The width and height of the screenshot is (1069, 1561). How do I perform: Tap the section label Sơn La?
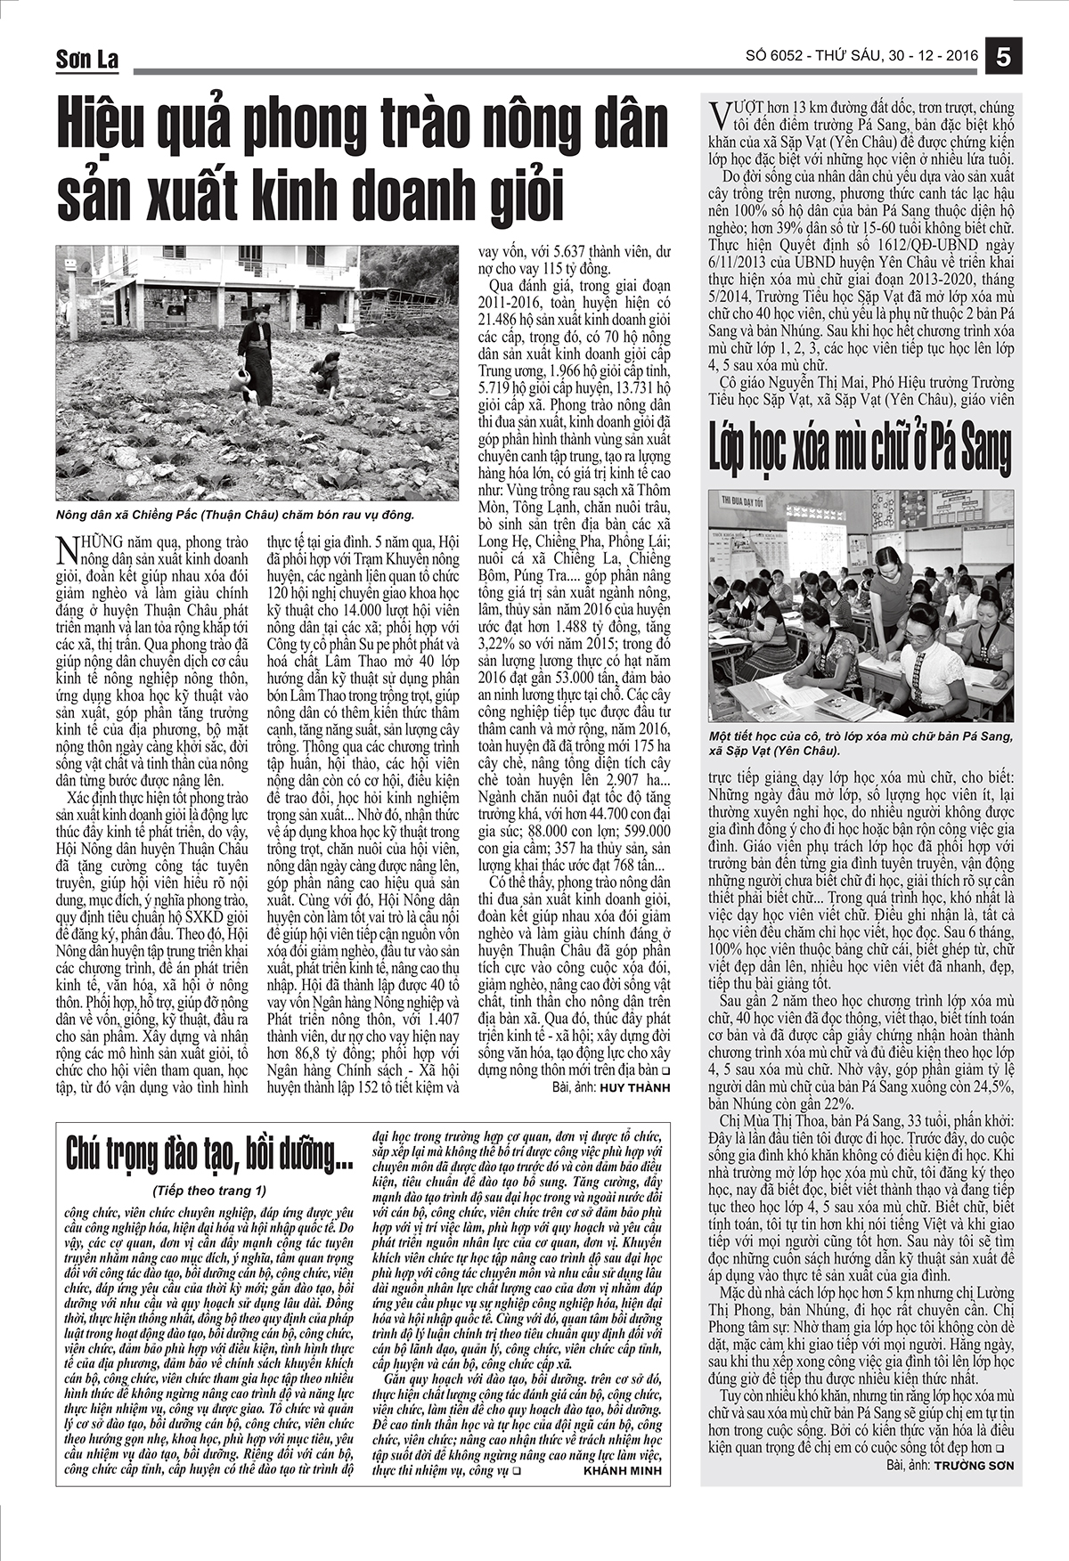coord(86,60)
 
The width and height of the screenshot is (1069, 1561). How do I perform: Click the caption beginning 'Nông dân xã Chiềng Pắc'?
coord(235,515)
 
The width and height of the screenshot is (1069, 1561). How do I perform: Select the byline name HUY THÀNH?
coord(635,1087)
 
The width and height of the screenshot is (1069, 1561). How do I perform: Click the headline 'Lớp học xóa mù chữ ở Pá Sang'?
coord(860,449)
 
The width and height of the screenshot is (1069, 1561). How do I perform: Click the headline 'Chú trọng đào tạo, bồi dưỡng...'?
coord(210,1156)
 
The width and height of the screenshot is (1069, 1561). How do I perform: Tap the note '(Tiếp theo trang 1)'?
coord(210,1190)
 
